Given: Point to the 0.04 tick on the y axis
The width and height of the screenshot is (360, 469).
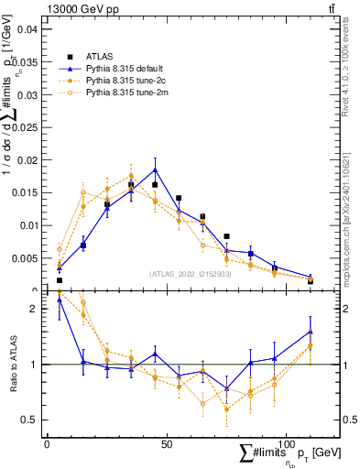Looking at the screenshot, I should (27, 29).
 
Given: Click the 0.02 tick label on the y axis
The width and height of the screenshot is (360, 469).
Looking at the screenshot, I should (27, 160).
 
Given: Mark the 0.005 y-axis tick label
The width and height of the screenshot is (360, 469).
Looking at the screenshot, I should (24, 258).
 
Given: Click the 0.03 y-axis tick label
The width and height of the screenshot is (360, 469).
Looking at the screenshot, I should (27, 95).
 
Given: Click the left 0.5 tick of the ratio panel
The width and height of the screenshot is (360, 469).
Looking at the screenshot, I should (32, 420).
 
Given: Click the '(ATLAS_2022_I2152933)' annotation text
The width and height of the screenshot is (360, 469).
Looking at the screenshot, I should (189, 274).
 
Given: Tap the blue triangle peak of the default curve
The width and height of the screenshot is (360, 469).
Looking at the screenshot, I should (155, 169).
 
